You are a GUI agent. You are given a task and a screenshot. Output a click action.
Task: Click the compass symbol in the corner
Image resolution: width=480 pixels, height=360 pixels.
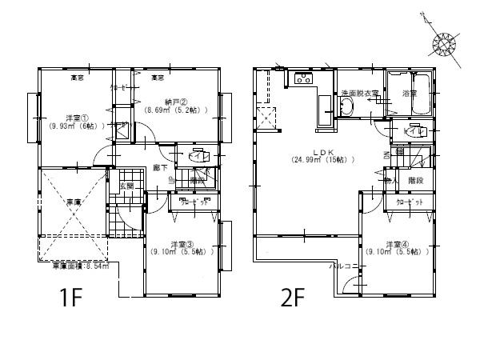tap(443, 42)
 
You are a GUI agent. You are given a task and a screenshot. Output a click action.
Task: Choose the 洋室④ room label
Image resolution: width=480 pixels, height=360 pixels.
tap(398, 243)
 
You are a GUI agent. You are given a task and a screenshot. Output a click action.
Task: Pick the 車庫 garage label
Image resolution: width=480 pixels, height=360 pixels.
tap(73, 202)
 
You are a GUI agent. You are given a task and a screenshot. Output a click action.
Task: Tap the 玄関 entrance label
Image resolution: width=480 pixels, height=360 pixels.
tap(127, 186)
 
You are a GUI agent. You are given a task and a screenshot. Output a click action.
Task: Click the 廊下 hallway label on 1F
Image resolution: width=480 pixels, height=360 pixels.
tap(160, 168)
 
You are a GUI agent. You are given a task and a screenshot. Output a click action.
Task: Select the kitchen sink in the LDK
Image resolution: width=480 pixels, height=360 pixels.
tap(303, 78)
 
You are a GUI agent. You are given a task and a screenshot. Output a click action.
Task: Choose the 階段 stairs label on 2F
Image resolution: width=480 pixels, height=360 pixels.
tap(414, 180)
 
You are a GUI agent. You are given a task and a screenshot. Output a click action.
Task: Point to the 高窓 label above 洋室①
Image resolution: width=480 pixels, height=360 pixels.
tap(77, 78)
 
